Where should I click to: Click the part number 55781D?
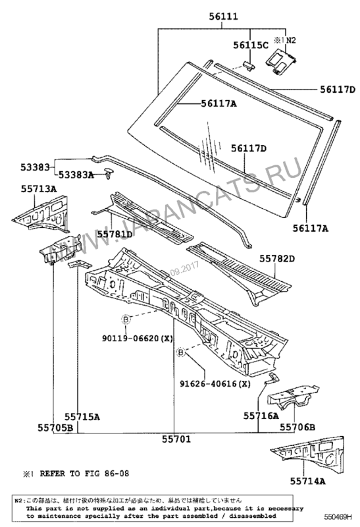(115, 233)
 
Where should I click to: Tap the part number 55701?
(174, 437)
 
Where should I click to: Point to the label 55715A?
(82, 416)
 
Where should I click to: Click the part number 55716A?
(261, 416)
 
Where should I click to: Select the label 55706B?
(297, 428)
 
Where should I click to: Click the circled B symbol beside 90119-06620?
(124, 320)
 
